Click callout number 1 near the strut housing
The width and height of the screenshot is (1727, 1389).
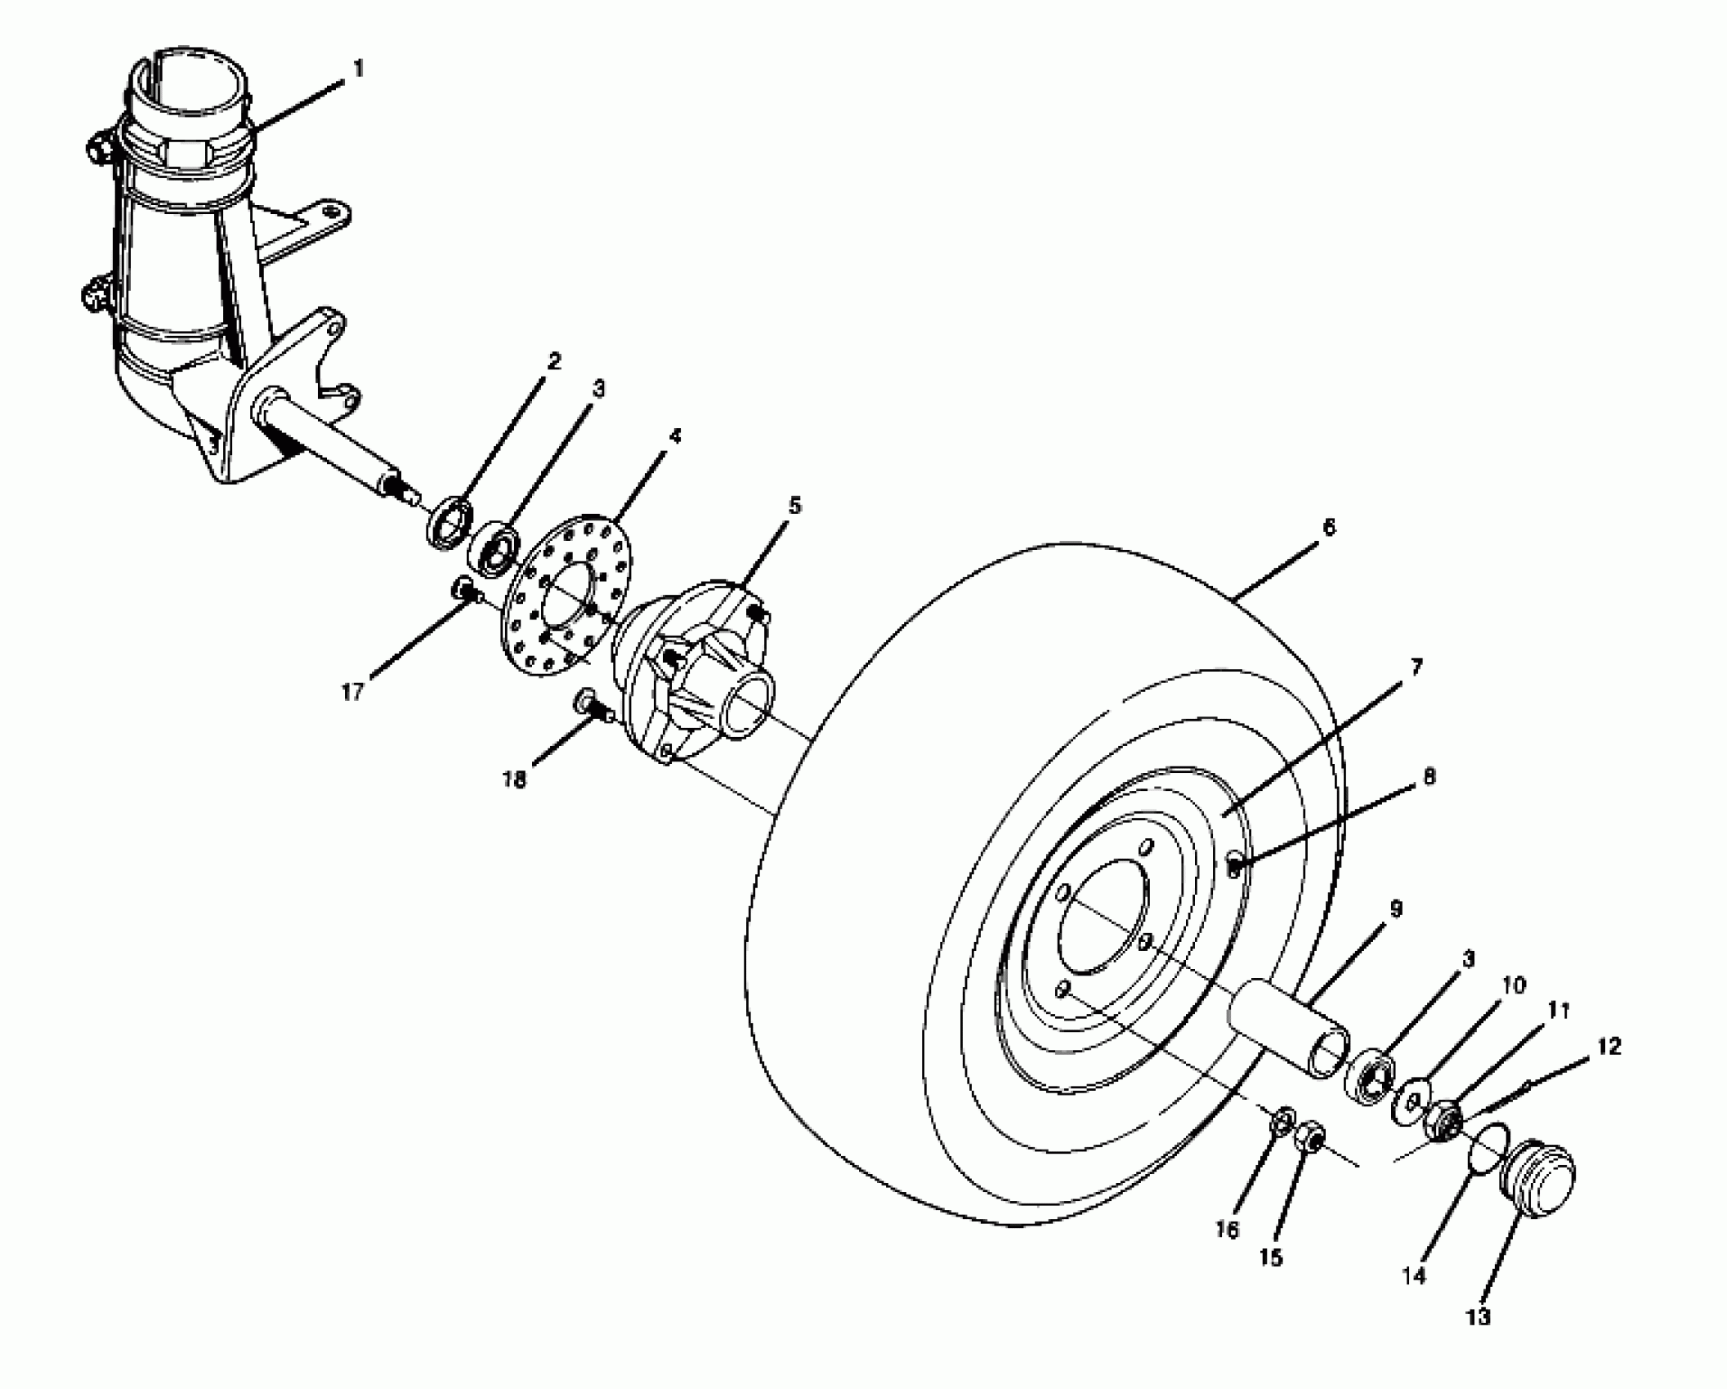pyautogui.click(x=357, y=69)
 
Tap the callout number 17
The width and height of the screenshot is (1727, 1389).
pyautogui.click(x=352, y=692)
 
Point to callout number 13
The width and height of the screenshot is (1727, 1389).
pyautogui.click(x=1479, y=1316)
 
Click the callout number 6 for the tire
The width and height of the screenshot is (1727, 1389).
pyautogui.click(x=1328, y=528)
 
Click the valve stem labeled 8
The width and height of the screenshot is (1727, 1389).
pyautogui.click(x=1237, y=864)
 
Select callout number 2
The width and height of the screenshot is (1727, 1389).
pyautogui.click(x=554, y=361)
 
